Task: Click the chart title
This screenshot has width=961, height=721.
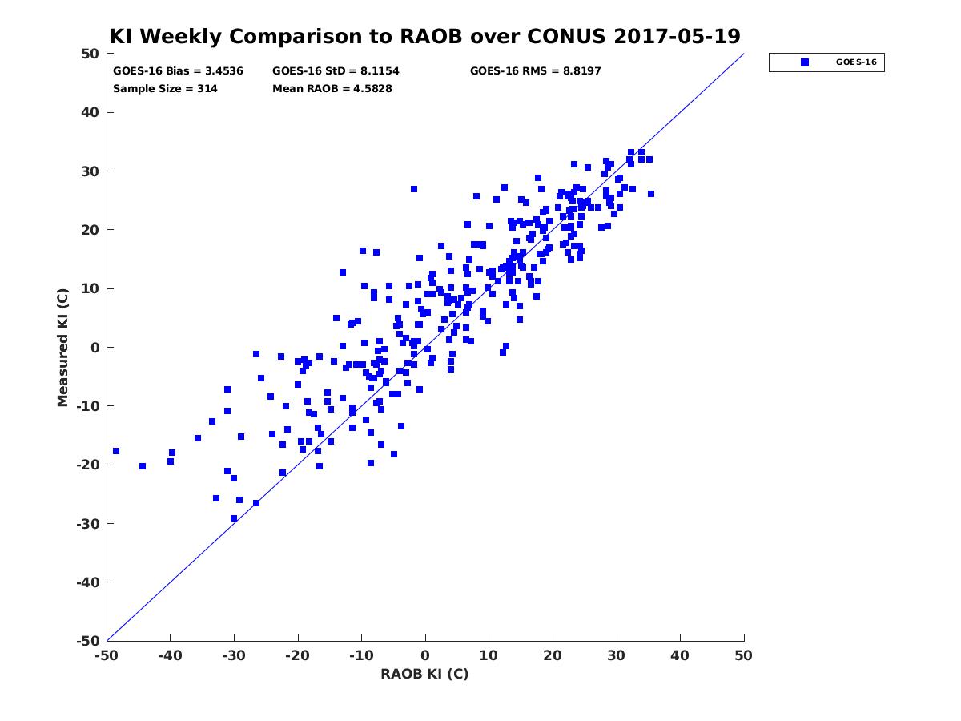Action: (424, 37)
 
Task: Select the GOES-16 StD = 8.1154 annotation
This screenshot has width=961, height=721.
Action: (336, 71)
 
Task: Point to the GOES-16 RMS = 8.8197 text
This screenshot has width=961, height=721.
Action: (535, 71)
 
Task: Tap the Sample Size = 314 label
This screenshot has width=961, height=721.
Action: (165, 89)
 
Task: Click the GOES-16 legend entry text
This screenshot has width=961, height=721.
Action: (856, 62)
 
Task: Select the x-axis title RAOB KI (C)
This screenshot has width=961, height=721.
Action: (424, 674)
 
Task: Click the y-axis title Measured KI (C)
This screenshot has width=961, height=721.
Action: (63, 347)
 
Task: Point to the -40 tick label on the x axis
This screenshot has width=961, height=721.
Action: (169, 655)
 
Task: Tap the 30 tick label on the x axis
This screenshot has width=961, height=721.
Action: (616, 655)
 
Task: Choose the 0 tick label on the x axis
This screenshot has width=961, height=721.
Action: (425, 655)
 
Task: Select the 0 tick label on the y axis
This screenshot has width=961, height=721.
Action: (94, 348)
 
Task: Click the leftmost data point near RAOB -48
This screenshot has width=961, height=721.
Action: (116, 451)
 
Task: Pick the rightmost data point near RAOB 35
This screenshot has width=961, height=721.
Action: (651, 194)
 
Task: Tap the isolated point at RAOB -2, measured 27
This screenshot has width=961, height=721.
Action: (414, 189)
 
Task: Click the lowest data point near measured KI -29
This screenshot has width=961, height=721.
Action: (234, 518)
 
